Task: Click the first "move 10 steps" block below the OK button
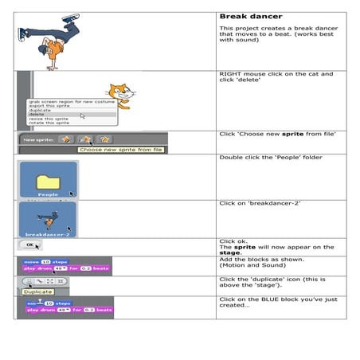[45, 261]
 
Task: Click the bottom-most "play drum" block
[69, 310]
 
